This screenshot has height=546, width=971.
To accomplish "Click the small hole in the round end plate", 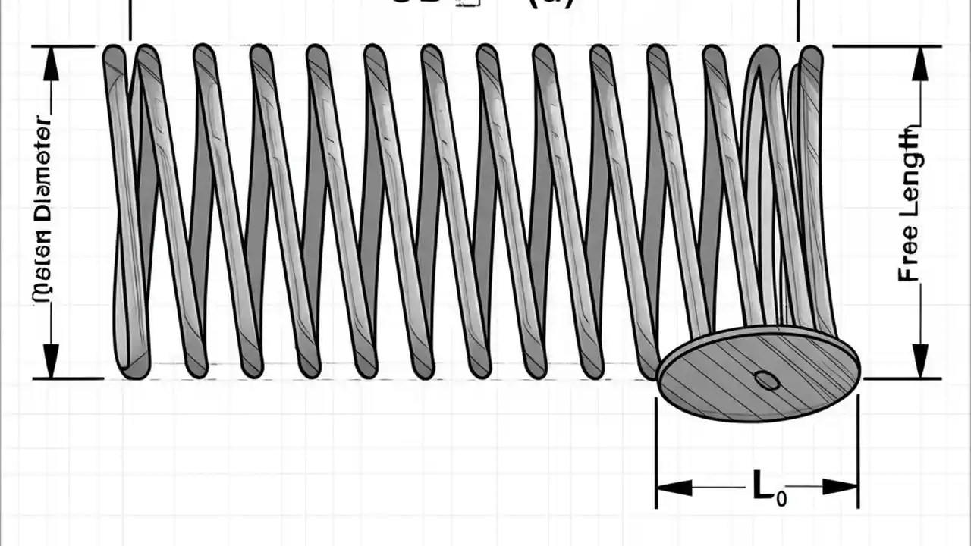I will [x=767, y=380].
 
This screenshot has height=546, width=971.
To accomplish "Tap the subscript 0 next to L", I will [x=781, y=497].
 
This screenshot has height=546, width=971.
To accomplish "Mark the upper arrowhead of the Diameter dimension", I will [x=51, y=65].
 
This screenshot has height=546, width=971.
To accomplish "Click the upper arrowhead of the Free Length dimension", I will [x=920, y=65].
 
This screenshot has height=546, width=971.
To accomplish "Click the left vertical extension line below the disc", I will [x=656, y=455].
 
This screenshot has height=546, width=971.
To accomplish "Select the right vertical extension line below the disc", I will [x=858, y=455].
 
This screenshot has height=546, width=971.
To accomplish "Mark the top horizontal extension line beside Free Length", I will [x=888, y=46].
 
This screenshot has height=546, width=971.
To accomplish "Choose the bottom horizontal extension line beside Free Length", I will [x=903, y=378].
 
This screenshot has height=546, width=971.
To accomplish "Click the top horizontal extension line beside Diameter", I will [x=64, y=46].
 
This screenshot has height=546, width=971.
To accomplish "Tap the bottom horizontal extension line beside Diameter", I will [x=68, y=378].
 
